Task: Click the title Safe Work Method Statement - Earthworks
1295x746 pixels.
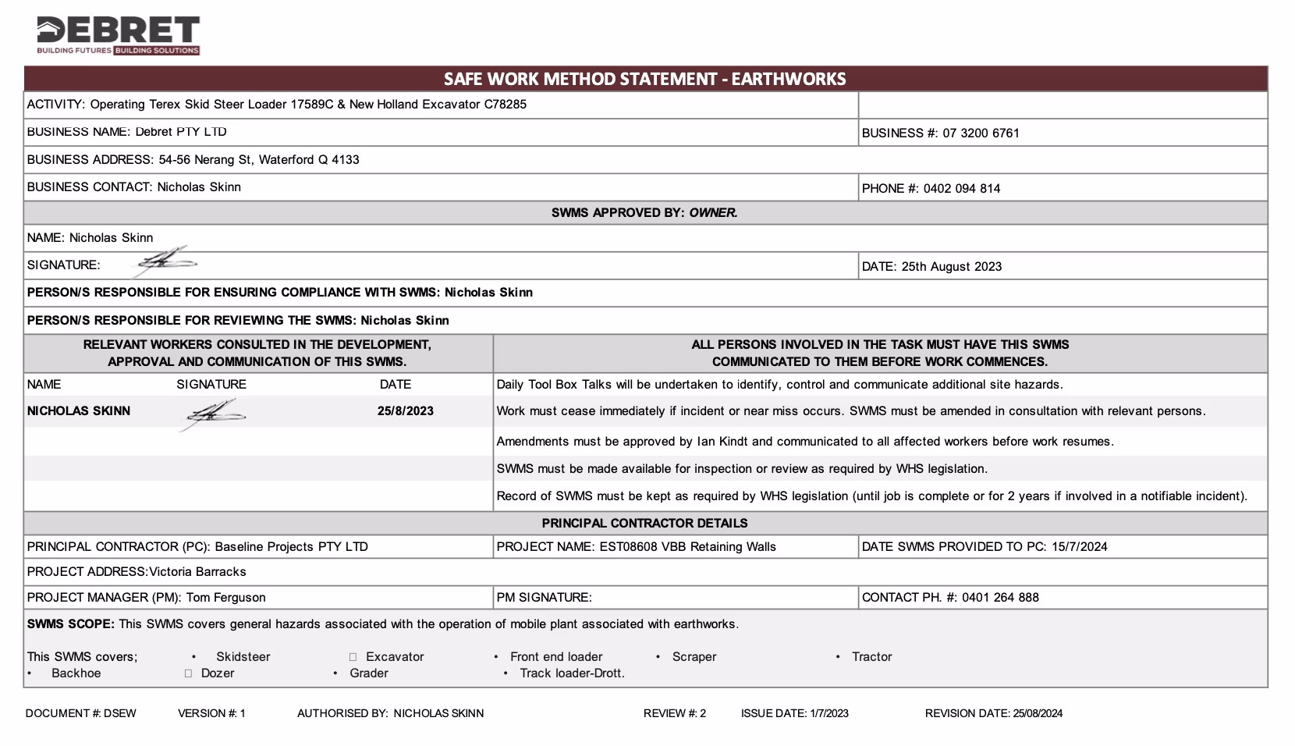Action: [644, 79]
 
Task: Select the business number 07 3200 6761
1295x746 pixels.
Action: [981, 133]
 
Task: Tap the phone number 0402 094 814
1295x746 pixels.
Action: [962, 188]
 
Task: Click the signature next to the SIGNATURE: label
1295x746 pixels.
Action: [165, 261]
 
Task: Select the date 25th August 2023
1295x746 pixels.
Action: [951, 266]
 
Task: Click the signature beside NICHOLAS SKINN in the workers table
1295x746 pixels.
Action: [212, 413]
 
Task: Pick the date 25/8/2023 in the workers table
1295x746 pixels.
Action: [405, 411]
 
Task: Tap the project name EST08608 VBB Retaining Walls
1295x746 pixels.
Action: [687, 547]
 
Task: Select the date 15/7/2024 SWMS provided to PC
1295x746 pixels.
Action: [1079, 547]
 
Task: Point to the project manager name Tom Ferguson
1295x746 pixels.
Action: [225, 598]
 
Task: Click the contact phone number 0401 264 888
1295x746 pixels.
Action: [1000, 598]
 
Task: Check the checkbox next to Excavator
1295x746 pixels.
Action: [353, 657]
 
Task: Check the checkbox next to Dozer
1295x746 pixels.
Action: [188, 673]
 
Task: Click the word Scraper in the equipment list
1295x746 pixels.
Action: [694, 657]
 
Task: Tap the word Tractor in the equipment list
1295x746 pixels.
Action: [871, 657]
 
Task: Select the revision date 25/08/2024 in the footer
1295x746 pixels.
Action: [1037, 713]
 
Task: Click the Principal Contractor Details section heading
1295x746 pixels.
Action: [644, 524]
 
